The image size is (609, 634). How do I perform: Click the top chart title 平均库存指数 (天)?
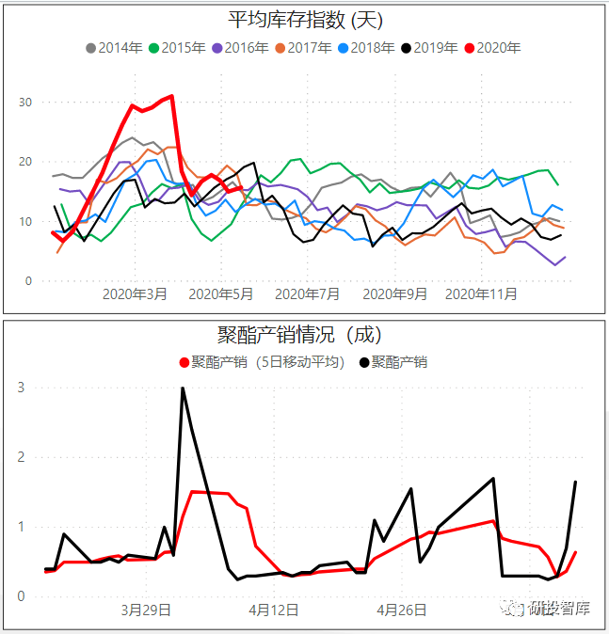[x=306, y=20]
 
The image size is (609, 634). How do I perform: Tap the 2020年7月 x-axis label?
[x=311, y=293]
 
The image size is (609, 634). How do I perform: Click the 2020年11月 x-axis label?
[x=480, y=293]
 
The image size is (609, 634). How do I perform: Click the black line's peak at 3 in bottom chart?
[x=182, y=388]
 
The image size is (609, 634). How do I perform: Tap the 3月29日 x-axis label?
[x=146, y=610]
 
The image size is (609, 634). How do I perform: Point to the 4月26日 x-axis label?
[x=402, y=610]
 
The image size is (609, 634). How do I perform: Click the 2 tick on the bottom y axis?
[x=22, y=457]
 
